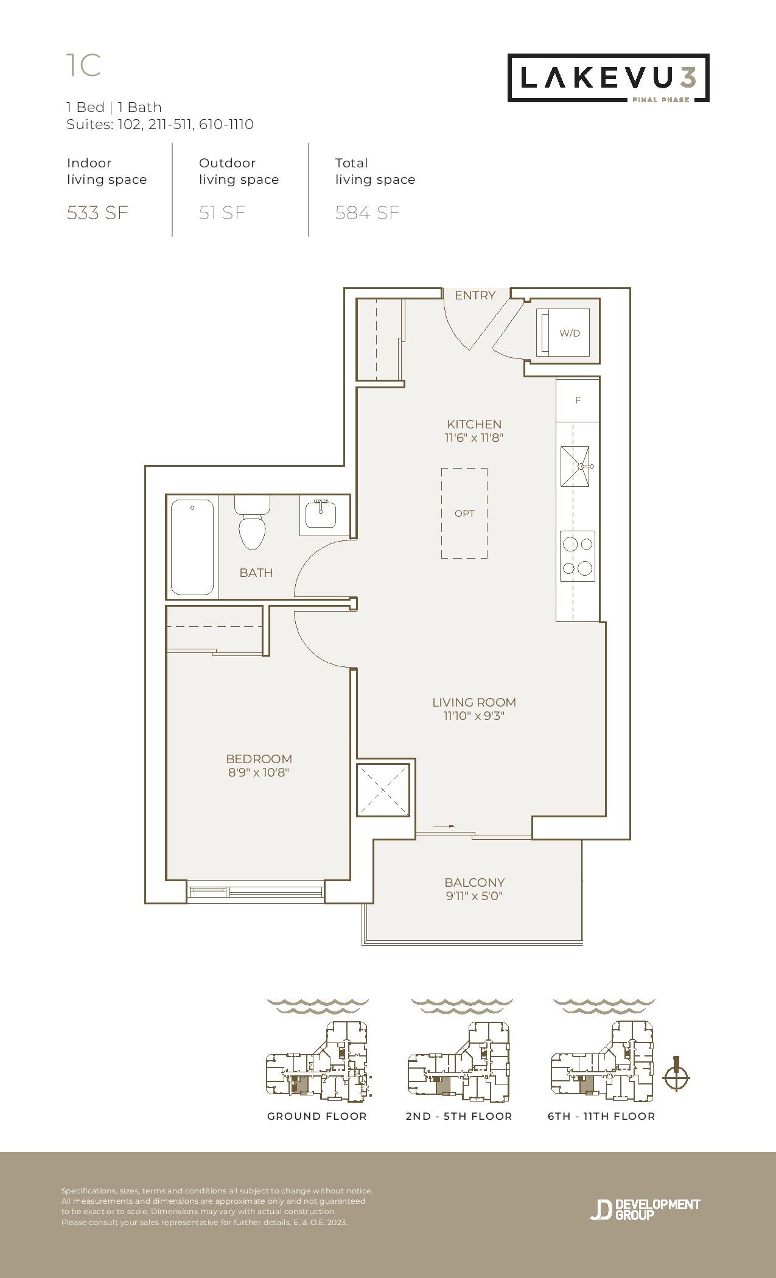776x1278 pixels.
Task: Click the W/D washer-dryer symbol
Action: point(563,332)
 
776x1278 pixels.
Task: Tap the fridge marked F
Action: point(578,400)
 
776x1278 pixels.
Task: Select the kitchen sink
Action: point(576,466)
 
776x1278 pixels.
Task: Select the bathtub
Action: point(192,547)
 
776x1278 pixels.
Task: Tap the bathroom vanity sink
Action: point(318,515)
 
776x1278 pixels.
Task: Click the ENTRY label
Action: point(475,295)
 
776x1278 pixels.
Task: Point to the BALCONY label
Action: point(475,882)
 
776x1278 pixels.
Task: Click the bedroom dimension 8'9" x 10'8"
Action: point(259,773)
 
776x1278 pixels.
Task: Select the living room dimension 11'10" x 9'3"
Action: point(474,716)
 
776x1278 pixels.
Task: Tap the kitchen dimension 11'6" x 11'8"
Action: point(474,438)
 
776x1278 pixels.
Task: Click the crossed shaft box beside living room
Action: point(383,790)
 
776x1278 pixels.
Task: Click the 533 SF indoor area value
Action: point(97,213)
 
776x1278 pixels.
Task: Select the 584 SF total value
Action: point(368,213)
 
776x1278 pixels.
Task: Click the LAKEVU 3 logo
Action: point(609,78)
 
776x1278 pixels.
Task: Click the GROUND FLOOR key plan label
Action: point(317,1116)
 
